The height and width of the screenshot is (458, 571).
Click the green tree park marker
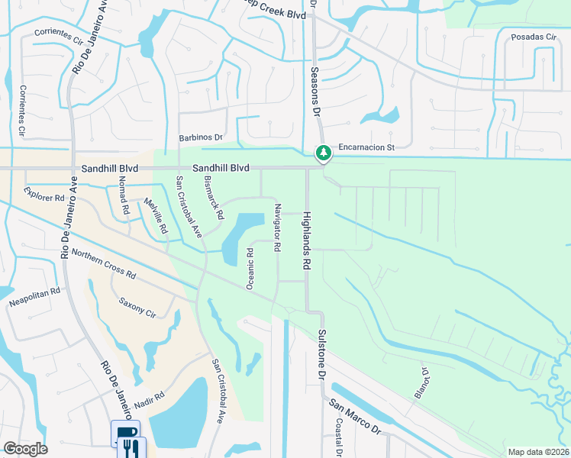click(x=324, y=153)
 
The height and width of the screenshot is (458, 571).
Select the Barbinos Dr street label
click(x=200, y=138)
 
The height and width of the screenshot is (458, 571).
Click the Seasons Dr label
click(x=314, y=91)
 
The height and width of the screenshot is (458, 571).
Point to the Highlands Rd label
click(x=307, y=240)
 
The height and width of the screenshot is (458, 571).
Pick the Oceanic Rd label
click(x=250, y=267)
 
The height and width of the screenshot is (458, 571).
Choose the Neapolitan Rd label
click(x=34, y=298)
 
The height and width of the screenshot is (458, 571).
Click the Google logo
click(x=25, y=449)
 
